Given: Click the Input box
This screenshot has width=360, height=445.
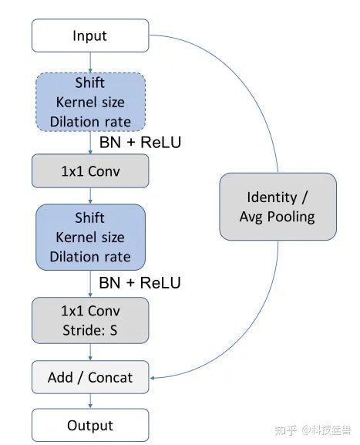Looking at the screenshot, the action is point(90,35).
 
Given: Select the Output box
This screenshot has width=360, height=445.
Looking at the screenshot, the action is point(90,425).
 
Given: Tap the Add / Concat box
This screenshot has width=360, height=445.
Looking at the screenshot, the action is point(90,377).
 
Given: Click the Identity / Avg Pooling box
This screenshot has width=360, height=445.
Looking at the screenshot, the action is point(278,207).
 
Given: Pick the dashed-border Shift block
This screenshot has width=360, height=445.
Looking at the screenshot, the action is point(90,102).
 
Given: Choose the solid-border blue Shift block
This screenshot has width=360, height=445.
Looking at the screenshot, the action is point(90,237).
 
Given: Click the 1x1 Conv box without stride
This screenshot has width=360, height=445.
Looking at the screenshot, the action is point(90,171).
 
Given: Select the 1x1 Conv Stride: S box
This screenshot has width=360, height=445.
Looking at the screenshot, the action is point(90,320).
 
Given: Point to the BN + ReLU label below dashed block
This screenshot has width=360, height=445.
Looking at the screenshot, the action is point(140,142).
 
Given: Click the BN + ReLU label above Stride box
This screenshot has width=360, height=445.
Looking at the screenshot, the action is point(140,283).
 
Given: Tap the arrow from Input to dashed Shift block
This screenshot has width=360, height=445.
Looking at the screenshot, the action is point(90,62).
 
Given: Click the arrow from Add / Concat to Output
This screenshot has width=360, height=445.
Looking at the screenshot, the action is point(90,401).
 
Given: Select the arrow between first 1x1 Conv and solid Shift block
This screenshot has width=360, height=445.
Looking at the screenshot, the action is point(90,196).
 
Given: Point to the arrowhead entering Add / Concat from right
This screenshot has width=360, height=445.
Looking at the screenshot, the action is point(152,378).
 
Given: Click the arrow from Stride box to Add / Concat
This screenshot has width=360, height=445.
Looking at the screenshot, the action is point(90,352).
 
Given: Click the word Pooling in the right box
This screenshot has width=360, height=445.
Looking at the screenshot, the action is point(291,217).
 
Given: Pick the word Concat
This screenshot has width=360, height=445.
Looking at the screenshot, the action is point(110,377).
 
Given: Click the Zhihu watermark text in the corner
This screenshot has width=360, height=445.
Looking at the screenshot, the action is point(313,430).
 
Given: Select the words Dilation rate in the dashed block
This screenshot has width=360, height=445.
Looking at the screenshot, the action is point(90,122).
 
